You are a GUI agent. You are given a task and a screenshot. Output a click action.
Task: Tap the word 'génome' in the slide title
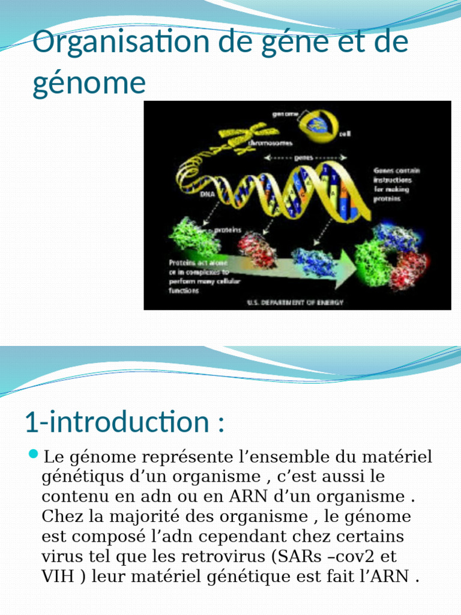click(89, 82)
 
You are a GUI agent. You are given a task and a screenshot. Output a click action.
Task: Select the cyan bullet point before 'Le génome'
click(33, 453)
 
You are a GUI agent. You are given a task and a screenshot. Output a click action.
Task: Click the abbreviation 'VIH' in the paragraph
click(58, 577)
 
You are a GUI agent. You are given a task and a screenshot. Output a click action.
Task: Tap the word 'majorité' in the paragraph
click(155, 517)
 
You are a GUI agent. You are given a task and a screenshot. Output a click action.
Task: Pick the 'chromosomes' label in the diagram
click(271, 144)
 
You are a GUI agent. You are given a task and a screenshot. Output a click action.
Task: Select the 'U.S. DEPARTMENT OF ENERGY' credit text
click(295, 303)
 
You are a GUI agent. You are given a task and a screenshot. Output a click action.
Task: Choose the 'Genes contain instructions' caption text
click(396, 184)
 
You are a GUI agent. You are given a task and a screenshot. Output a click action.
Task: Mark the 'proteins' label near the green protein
click(228, 229)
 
